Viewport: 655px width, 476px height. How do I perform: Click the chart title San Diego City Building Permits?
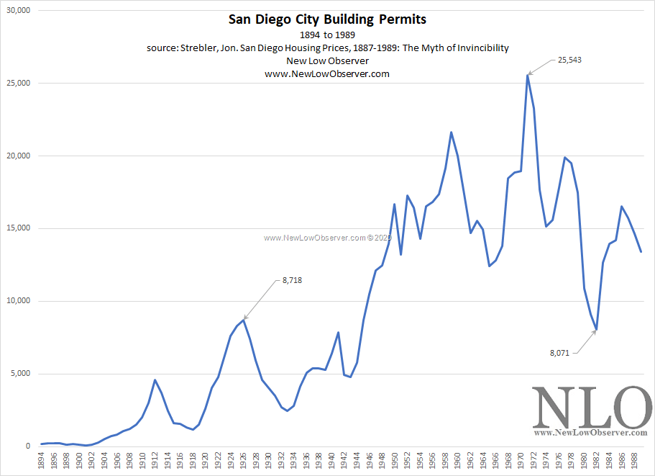pyautogui.click(x=327, y=19)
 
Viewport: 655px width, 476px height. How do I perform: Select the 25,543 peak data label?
pyautogui.click(x=569, y=60)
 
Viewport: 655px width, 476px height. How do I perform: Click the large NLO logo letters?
pyautogui.click(x=591, y=408)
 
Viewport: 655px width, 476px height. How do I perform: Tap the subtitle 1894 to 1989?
pyautogui.click(x=327, y=35)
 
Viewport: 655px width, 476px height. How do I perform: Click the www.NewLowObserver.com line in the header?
pyautogui.click(x=327, y=73)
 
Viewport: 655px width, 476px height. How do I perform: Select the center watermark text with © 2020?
pyautogui.click(x=326, y=237)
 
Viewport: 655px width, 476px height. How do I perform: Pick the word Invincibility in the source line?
pyautogui.click(x=477, y=48)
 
